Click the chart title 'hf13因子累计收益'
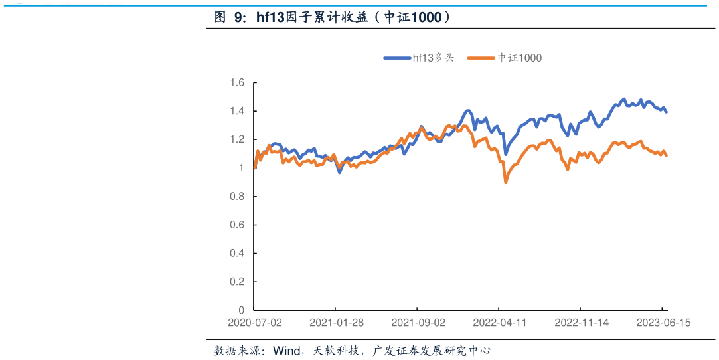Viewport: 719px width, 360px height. coord(332,18)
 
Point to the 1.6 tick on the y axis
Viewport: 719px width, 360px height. coord(237,83)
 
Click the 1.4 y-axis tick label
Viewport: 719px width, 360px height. coord(237,111)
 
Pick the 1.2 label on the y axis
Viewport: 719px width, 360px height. coord(237,139)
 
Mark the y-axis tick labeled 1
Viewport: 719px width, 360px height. coord(241,168)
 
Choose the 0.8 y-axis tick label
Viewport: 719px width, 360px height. coord(237,197)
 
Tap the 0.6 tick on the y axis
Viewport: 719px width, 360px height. coord(237,225)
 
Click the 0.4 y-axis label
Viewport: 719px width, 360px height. coord(237,254)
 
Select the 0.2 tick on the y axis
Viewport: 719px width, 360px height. coord(237,282)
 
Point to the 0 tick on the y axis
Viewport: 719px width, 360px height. coord(241,310)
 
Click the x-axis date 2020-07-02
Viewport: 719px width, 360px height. coord(254,323)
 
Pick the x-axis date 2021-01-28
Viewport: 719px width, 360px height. coord(337,323)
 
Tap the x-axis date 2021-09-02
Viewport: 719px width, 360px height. coord(418,323)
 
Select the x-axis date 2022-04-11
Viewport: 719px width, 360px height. coord(500,323)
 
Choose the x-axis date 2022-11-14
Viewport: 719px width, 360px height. coord(582,323)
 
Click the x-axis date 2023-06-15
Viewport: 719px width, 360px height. coord(663,323)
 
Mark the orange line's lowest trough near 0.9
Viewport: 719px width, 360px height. coord(506,182)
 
